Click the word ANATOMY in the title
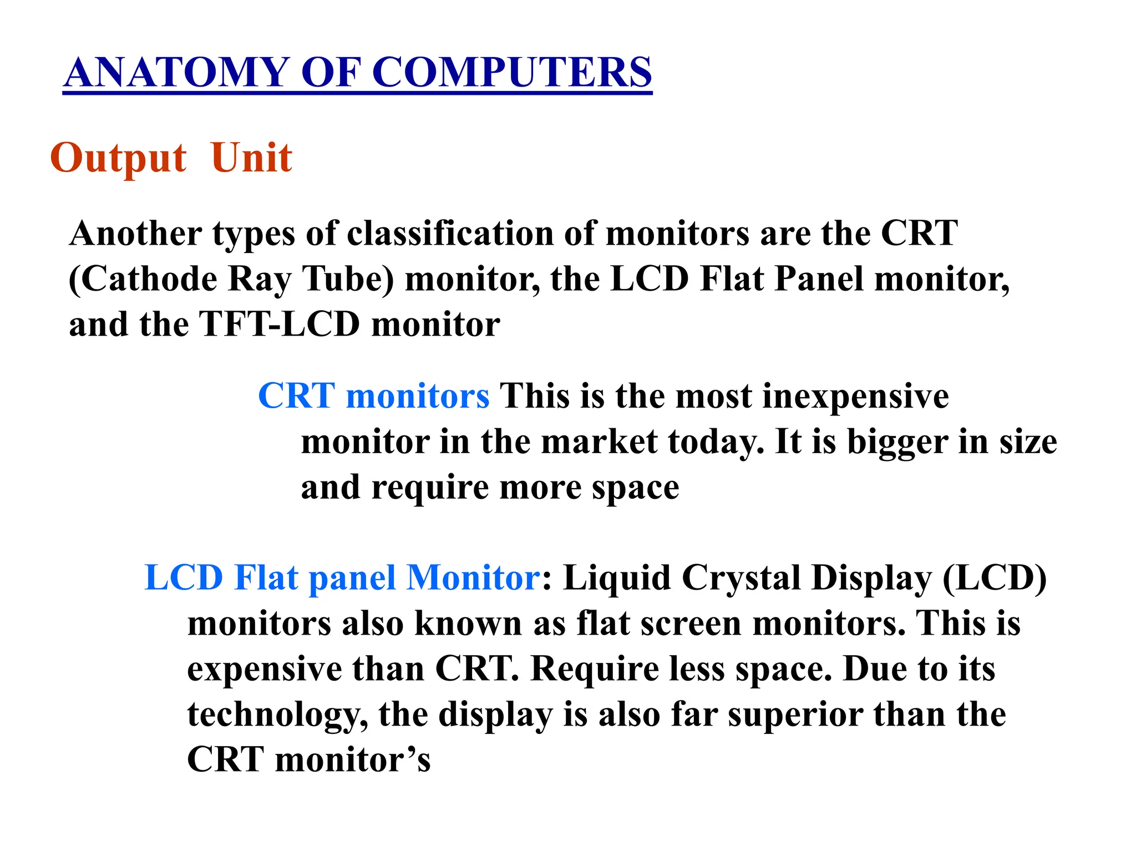tap(176, 73)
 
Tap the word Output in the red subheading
tap(118, 159)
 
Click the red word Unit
tap(251, 159)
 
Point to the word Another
tap(135, 233)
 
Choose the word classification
tap(450, 233)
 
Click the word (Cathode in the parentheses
tap(143, 279)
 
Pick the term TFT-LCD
tap(279, 324)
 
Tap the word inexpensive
tap(855, 397)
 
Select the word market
tap(599, 442)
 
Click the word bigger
tap(897, 442)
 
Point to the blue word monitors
tap(417, 397)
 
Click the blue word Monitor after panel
tap(473, 578)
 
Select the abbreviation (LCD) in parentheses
tap(994, 578)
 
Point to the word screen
tap(691, 624)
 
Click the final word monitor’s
tap(353, 760)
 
